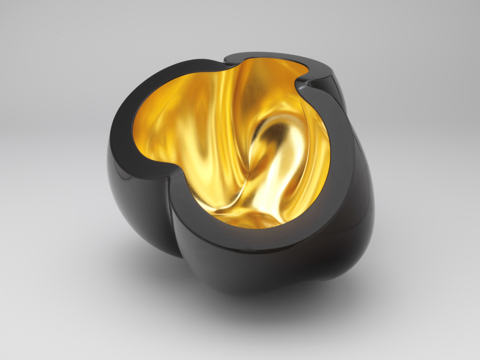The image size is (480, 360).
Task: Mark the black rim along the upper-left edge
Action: [x=141, y=94]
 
